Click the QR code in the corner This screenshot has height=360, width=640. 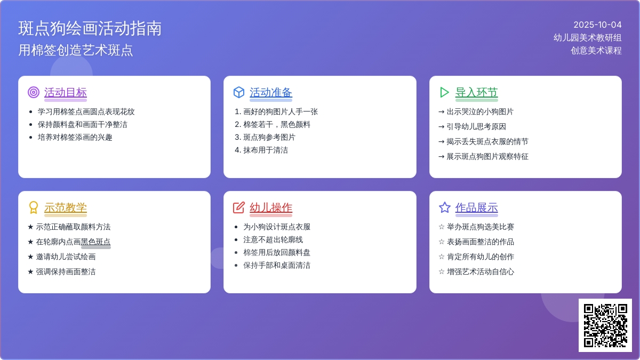(605, 325)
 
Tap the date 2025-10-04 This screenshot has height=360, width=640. (597, 25)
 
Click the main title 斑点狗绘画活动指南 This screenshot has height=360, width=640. (90, 28)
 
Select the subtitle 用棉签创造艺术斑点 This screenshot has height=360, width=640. (76, 50)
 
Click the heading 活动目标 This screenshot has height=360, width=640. (66, 93)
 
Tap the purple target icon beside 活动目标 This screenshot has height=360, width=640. (34, 92)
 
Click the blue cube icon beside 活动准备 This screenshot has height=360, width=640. (239, 92)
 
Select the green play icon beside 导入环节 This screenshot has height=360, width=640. (444, 92)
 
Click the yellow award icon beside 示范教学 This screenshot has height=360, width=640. (34, 207)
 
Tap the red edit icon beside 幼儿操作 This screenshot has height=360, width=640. (239, 207)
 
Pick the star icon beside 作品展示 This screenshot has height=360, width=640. (445, 207)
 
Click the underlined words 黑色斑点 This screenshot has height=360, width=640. (95, 242)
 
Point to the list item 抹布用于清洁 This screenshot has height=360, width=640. (266, 150)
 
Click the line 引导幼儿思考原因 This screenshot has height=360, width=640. (476, 126)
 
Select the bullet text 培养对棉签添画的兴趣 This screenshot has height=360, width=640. (75, 138)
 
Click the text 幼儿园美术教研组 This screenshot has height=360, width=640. (587, 38)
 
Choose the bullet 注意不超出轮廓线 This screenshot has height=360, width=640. (273, 239)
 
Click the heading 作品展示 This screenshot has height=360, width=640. (476, 207)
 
